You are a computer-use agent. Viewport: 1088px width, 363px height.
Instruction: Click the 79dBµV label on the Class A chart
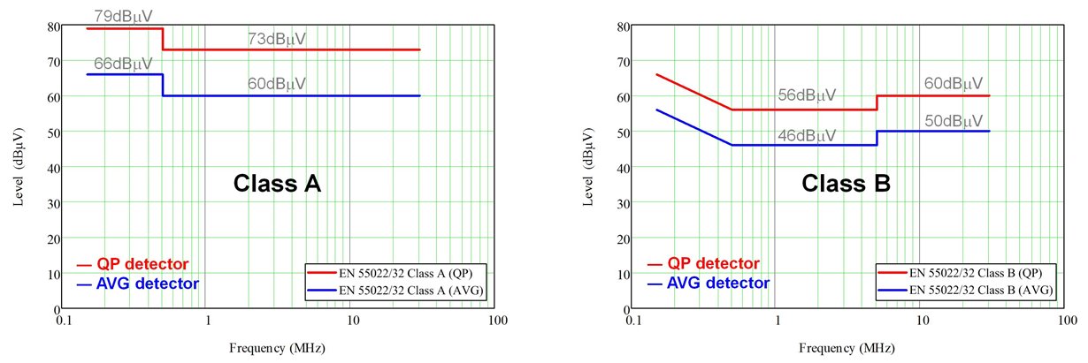click(x=123, y=16)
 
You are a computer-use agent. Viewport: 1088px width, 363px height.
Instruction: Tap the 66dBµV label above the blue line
click(x=123, y=64)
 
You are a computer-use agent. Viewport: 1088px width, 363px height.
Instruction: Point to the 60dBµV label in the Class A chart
click(x=277, y=84)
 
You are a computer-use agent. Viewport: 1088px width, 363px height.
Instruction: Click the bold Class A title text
click(x=276, y=184)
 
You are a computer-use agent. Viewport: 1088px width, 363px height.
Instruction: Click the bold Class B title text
click(x=846, y=184)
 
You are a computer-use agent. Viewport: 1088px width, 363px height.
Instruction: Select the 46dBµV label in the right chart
click(x=807, y=135)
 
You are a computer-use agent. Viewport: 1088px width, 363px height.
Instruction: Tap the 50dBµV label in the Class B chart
click(x=953, y=120)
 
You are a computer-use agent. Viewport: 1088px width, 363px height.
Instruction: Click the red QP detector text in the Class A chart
click(x=143, y=263)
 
